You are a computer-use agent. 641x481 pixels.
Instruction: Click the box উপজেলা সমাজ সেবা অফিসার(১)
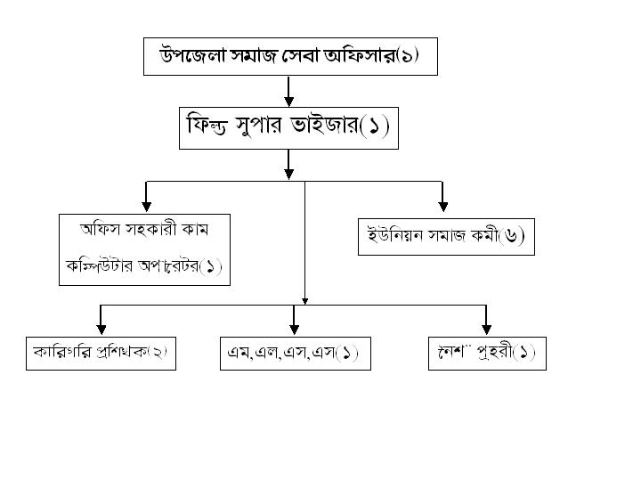click(290, 56)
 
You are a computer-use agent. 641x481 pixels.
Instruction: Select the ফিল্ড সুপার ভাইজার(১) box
click(288, 128)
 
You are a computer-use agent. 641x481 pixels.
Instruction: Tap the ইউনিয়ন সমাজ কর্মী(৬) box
click(446, 237)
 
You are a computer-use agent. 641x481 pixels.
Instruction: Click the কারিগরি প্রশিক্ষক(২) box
click(99, 353)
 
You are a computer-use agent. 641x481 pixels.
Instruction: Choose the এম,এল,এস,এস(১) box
click(295, 353)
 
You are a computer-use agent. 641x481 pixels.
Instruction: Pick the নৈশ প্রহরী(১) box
click(486, 353)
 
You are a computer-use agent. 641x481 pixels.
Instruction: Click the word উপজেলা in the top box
click(190, 56)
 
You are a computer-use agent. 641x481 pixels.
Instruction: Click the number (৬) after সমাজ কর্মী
click(512, 237)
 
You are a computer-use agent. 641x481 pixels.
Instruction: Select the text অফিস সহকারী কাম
click(144, 229)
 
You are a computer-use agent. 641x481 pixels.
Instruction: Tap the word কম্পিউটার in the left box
click(97, 265)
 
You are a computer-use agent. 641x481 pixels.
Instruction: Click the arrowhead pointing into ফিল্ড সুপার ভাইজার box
click(288, 101)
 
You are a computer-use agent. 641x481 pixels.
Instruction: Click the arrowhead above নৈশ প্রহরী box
click(486, 329)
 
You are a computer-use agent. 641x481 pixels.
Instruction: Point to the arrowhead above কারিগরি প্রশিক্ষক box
click(101, 329)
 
